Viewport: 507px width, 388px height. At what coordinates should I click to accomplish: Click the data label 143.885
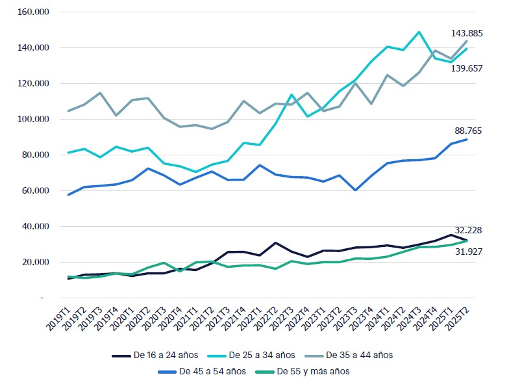(467, 33)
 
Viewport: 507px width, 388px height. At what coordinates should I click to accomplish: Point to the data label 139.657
(467, 68)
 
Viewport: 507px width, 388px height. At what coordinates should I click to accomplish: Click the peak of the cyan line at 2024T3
(419, 32)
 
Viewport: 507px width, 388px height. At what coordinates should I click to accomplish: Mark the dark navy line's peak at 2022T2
(275, 243)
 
